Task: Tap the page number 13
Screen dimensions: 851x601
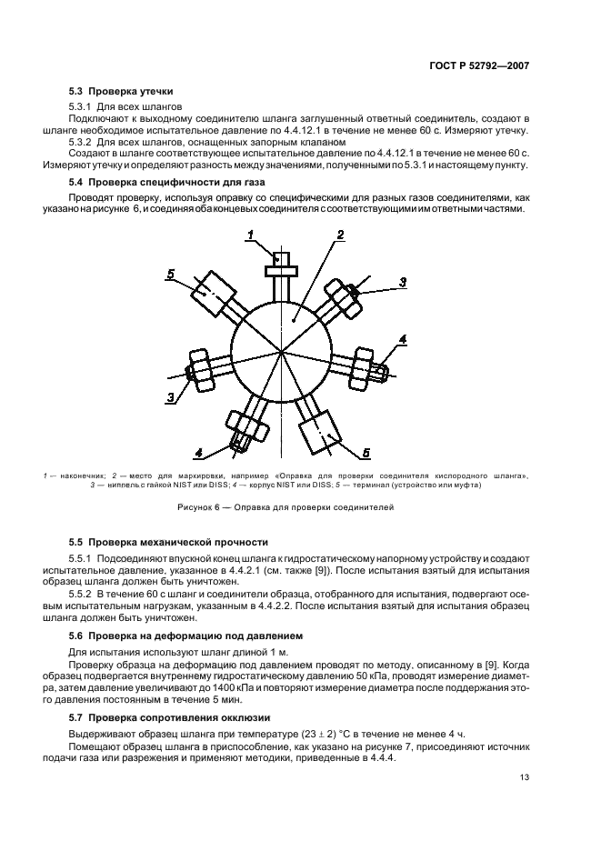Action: (x=525, y=777)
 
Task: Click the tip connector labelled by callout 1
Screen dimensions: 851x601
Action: (x=280, y=267)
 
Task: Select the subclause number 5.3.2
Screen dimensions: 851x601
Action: (x=85, y=143)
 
